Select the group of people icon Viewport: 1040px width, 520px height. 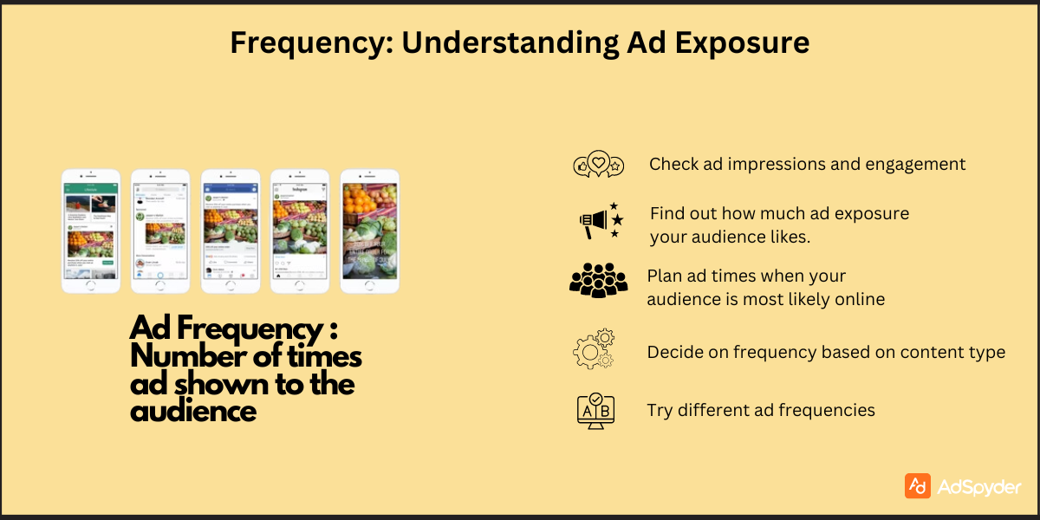pyautogui.click(x=598, y=280)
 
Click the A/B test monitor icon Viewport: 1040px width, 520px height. pyautogui.click(x=595, y=410)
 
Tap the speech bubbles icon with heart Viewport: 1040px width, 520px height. pyautogui.click(x=599, y=164)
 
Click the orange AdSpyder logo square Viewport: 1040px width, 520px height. pyautogui.click(x=917, y=485)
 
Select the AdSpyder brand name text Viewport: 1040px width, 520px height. pyautogui.click(x=979, y=486)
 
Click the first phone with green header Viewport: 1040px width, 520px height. pyautogui.click(x=90, y=231)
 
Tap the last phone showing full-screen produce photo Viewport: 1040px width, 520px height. pyautogui.click(x=369, y=231)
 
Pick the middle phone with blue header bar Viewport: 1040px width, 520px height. pyautogui.click(x=231, y=231)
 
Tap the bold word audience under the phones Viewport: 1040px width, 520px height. pyautogui.click(x=193, y=411)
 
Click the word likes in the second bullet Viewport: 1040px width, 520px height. pyautogui.click(x=790, y=237)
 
